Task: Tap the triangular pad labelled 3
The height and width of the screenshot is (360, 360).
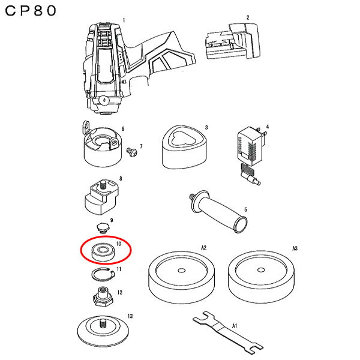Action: point(182,148)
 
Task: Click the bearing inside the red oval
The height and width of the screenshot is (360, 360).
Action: point(103,252)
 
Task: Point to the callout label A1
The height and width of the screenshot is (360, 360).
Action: point(236,326)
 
